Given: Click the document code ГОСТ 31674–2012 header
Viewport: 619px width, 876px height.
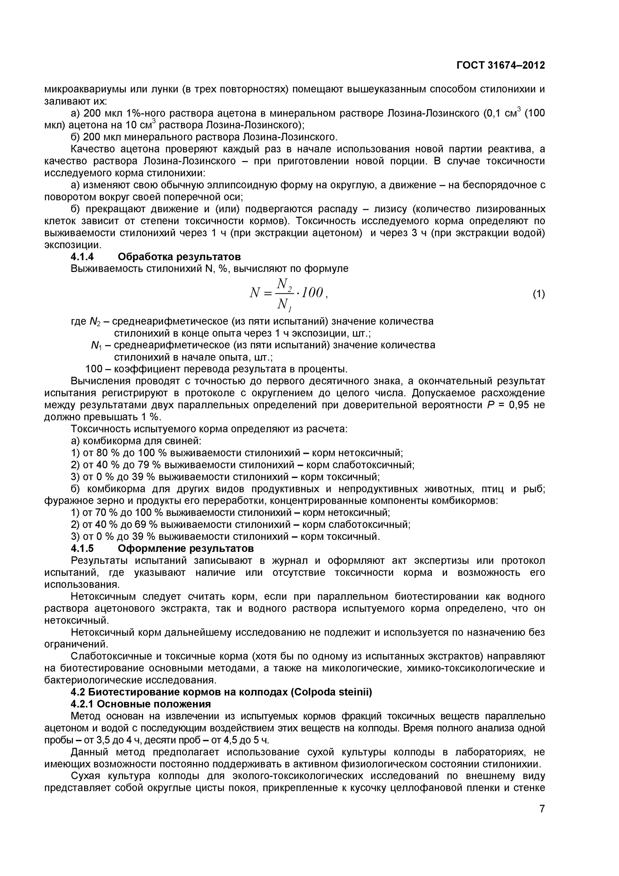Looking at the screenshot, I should pyautogui.click(x=501, y=65).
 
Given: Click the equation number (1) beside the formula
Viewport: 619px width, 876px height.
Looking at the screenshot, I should pyautogui.click(x=538, y=294).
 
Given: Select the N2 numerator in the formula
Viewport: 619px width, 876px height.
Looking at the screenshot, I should pyautogui.click(x=284, y=284).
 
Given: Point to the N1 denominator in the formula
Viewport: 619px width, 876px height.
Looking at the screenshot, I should pyautogui.click(x=284, y=305).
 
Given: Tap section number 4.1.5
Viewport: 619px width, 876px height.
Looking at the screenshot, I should pyautogui.click(x=82, y=549).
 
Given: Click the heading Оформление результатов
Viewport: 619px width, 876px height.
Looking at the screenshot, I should pyautogui.click(x=186, y=549).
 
